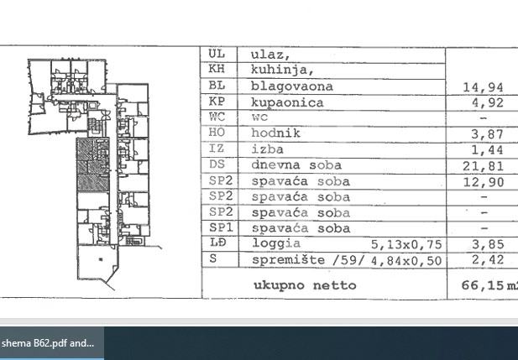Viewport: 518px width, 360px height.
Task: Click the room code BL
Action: tap(217, 86)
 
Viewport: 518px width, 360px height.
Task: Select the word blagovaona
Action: tap(292, 86)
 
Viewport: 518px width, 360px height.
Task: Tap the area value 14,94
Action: tap(484, 86)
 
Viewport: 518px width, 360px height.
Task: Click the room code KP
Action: tap(217, 102)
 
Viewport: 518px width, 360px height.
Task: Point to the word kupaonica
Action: tap(287, 102)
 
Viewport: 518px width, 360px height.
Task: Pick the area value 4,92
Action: tap(487, 102)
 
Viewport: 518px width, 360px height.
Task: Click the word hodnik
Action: tap(276, 133)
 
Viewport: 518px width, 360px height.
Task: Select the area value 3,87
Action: tap(487, 134)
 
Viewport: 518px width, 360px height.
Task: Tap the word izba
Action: tap(268, 149)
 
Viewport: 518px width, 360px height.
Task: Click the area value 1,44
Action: tap(487, 150)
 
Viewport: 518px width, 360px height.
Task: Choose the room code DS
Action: tap(217, 165)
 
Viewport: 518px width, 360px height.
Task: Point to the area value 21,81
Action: tap(484, 166)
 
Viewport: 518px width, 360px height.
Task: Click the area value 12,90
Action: tap(484, 181)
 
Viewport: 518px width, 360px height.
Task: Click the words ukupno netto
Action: tap(305, 285)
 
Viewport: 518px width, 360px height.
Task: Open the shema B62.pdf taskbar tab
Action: tap(49, 343)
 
